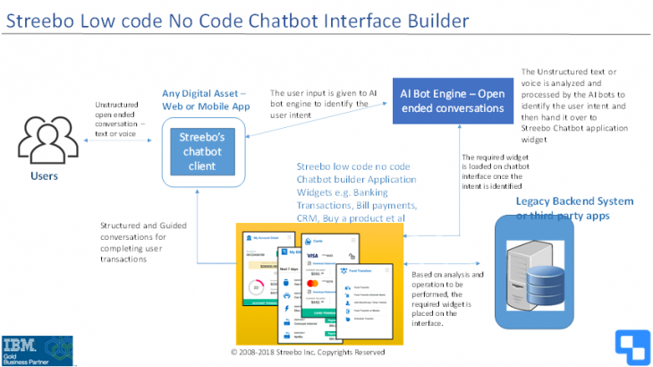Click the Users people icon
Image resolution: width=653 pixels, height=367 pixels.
(x=44, y=139)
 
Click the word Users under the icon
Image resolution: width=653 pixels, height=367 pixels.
(x=42, y=175)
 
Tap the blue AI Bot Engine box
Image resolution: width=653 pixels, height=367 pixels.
(x=453, y=99)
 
